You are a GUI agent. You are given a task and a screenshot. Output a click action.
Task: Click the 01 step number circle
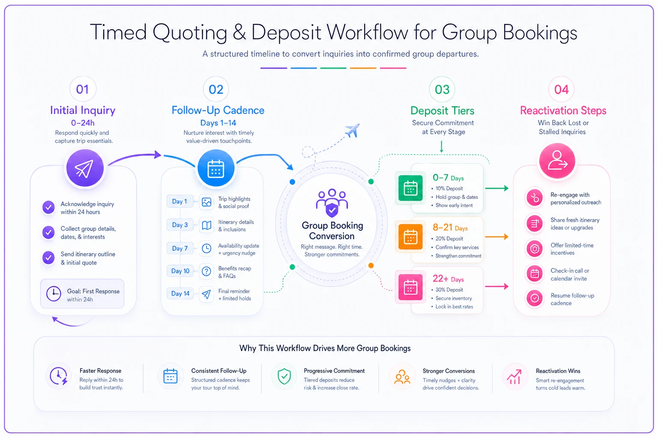(x=83, y=89)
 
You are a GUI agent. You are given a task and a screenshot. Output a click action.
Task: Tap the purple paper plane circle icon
(x=85, y=168)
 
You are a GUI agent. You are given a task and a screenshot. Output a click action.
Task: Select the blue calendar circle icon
(x=216, y=169)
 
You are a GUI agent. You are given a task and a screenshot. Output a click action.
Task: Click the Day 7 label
(x=180, y=249)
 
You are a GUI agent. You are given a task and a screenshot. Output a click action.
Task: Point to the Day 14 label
(x=180, y=294)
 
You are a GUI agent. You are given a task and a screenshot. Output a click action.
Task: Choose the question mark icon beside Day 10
(x=206, y=271)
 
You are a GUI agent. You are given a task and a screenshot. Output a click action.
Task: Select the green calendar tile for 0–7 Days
(x=410, y=188)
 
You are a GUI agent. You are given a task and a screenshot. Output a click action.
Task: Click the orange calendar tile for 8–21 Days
(x=410, y=237)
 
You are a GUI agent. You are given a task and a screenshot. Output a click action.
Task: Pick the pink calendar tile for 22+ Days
(x=410, y=287)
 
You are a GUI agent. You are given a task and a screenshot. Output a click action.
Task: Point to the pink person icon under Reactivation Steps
(x=557, y=161)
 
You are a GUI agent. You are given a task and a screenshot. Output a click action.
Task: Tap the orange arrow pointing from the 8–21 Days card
(x=497, y=237)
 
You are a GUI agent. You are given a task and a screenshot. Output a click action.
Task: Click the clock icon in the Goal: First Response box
(x=54, y=293)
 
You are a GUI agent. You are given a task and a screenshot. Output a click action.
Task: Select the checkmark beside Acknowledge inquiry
(x=48, y=207)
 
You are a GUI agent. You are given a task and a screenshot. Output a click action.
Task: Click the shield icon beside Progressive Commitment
(x=284, y=376)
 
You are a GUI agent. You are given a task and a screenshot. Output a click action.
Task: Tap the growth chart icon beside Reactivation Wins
(x=514, y=377)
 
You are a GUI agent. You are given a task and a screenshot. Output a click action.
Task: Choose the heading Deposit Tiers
(x=442, y=111)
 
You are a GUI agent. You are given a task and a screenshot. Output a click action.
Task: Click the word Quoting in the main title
(x=189, y=33)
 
